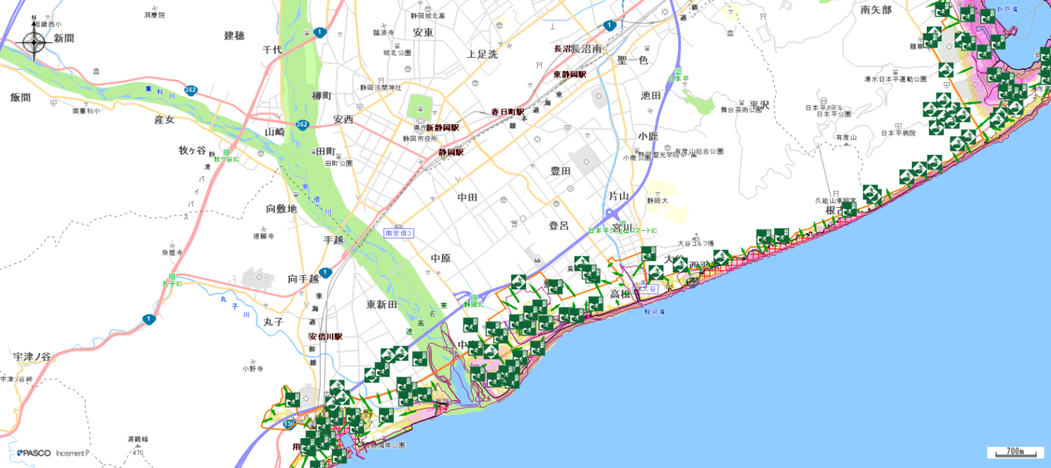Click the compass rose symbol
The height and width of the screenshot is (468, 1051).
[x=34, y=41]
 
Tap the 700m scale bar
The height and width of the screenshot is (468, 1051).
[x=1015, y=452]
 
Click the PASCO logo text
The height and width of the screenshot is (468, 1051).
[x=34, y=453]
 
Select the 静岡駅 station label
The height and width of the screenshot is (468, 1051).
[x=451, y=152]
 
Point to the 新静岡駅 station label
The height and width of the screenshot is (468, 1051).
[x=442, y=127]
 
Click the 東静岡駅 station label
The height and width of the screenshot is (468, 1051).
[x=569, y=74]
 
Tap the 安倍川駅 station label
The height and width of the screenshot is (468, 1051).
[x=326, y=337]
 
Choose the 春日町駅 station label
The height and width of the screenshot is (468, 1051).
[x=507, y=112]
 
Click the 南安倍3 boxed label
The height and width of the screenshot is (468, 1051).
[x=399, y=233]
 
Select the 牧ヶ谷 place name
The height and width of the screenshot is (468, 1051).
[x=192, y=150]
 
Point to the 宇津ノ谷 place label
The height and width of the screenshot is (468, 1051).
[x=32, y=356]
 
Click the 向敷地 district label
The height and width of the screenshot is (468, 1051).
[x=281, y=209]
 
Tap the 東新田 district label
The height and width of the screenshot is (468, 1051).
[x=381, y=304]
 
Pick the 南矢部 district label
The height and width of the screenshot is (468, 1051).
[x=876, y=10]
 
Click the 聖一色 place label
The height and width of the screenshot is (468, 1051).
[x=632, y=60]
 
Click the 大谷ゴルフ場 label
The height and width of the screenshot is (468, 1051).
[x=695, y=243]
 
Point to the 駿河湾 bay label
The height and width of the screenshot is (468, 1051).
[x=654, y=312]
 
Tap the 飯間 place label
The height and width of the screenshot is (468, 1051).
[x=21, y=97]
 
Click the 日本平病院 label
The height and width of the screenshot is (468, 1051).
[x=897, y=133]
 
